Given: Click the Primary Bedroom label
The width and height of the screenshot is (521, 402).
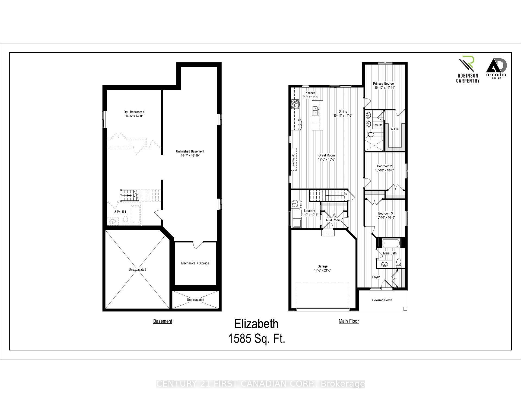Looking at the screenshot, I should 384,84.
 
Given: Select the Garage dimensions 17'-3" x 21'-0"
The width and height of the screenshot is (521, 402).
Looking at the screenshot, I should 322,270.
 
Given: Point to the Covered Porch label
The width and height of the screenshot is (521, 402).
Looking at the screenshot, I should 382,300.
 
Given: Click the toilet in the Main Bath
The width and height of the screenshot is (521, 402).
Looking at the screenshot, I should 399,262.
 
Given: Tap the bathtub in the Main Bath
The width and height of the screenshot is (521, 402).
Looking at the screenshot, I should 391,243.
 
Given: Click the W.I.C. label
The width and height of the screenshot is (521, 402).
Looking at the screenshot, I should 394,129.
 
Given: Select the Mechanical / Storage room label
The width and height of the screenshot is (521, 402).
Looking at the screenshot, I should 195,263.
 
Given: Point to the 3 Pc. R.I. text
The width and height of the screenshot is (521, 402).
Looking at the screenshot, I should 120,212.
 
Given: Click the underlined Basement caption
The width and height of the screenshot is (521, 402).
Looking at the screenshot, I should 163,321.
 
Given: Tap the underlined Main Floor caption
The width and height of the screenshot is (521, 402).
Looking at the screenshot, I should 348,321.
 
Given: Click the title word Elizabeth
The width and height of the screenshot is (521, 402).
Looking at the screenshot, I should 256,324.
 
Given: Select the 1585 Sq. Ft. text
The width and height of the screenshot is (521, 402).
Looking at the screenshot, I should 256,339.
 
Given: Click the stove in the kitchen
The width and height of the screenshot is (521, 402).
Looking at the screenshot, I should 295,104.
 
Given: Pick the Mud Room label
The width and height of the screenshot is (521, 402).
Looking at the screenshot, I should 333,220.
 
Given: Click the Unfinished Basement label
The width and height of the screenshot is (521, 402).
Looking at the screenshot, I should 190,151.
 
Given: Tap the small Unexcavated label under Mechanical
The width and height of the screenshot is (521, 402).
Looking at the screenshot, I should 195,300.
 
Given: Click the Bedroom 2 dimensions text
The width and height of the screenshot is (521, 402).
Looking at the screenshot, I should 384,170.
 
